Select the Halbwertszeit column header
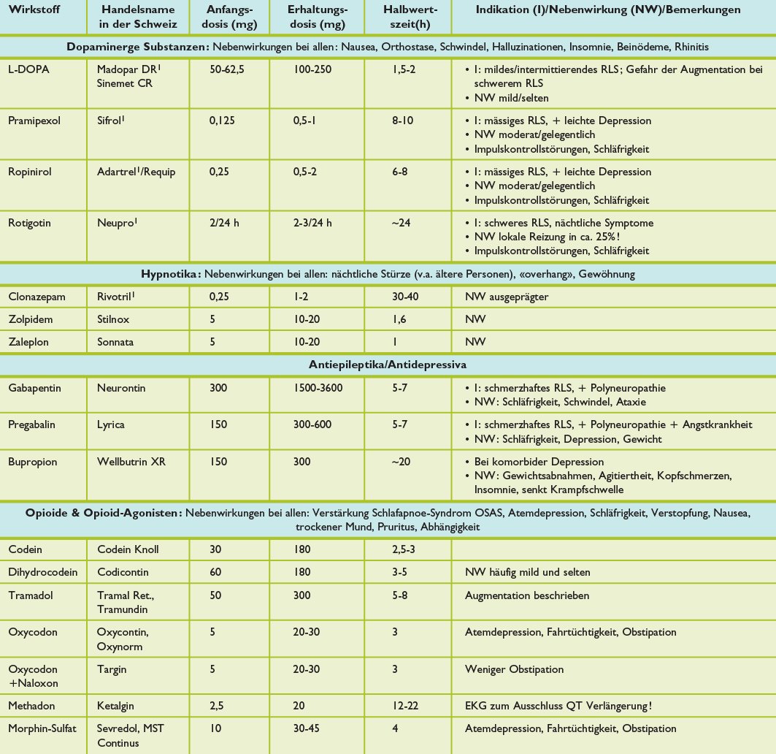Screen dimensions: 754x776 (x=410, y=18)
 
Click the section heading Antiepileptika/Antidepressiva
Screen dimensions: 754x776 (x=388, y=363)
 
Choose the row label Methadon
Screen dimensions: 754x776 (x=32, y=707)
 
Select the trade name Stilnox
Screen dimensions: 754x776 (x=115, y=319)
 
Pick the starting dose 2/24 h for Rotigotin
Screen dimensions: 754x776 (x=224, y=223)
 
